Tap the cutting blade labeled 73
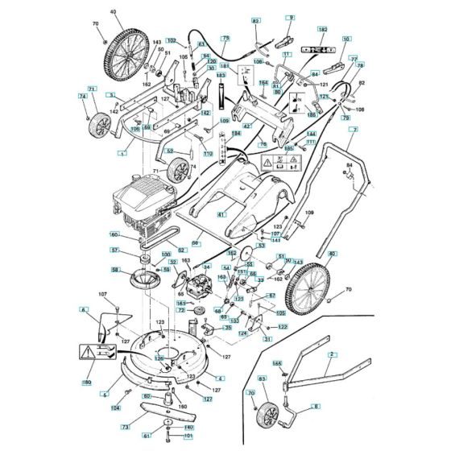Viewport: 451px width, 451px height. click(161, 410)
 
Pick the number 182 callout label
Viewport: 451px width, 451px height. click(322, 30)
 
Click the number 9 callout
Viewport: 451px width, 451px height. click(290, 17)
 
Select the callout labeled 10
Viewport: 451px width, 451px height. click(346, 38)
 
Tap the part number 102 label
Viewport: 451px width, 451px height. click(171, 40)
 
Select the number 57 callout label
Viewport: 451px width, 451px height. click(115, 250)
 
